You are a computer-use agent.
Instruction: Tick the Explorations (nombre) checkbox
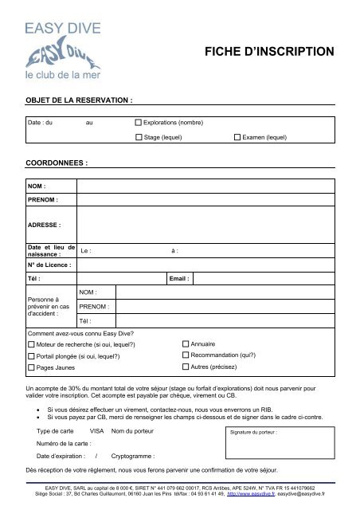coord(138,124)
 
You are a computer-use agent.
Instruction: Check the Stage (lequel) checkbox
coord(138,138)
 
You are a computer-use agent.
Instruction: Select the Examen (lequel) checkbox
coord(237,138)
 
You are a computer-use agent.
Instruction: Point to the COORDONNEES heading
coord(56,161)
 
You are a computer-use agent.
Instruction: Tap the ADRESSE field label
coord(43,226)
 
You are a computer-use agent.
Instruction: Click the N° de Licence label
coord(49,264)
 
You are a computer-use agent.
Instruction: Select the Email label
coord(179,279)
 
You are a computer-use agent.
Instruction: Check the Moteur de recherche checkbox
coord(31,344)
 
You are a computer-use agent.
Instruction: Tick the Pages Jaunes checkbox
coord(31,368)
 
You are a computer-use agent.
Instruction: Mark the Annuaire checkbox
coord(186,343)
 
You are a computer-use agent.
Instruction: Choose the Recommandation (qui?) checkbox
coord(186,355)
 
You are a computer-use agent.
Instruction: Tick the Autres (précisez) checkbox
coord(186,367)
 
